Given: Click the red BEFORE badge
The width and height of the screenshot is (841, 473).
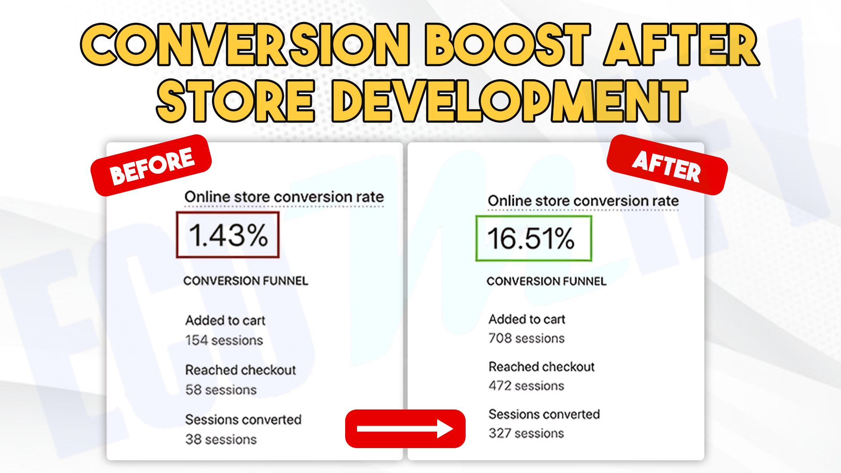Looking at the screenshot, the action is point(151,166).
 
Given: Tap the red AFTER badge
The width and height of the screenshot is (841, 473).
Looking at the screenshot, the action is point(667,165).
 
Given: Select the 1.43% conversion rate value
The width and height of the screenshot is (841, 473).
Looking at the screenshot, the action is point(228,235).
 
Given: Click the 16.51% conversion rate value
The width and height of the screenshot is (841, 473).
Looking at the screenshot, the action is point(531,239).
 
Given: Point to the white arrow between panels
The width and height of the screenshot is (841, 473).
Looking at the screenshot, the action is point(405,429).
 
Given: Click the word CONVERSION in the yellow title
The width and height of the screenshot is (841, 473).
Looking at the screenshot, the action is point(246,45).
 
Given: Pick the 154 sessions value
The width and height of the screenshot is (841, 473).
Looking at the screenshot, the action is point(224,340).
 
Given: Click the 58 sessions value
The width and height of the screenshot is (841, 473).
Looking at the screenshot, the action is point(221,390).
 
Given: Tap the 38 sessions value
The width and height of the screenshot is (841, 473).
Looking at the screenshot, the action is point(221,439).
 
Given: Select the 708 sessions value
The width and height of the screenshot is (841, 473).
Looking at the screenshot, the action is point(527,338).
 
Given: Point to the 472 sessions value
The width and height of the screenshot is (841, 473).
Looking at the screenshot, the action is point(527,386).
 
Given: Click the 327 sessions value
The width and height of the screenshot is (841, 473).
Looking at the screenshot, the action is point(527,433).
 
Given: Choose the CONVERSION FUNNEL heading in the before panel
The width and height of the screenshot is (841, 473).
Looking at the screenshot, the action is point(246,281).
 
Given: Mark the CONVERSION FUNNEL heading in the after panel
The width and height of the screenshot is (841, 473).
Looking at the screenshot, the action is point(547,281).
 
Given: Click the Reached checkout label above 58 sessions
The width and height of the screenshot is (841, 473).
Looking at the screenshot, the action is point(240,370).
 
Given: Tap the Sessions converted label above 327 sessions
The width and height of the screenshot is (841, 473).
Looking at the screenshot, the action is point(544,414).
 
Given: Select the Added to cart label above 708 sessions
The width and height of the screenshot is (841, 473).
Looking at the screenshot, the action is point(527,319).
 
